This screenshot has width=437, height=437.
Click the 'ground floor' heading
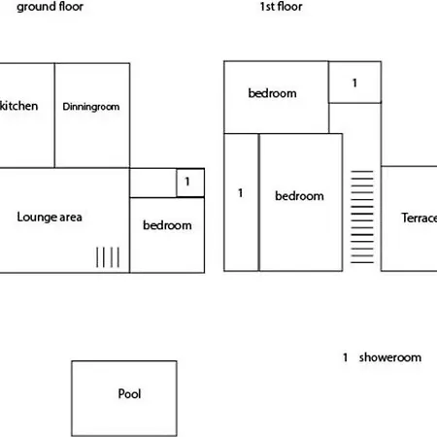pyautogui.click(x=50, y=7)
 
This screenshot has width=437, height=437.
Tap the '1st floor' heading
pyautogui.click(x=281, y=7)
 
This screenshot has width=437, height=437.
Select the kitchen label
pyautogui.click(x=18, y=106)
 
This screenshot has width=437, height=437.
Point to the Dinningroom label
pyautogui.click(x=91, y=107)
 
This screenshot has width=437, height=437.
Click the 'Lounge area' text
pyautogui.click(x=50, y=218)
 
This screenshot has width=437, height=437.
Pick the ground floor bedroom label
pyautogui.click(x=167, y=225)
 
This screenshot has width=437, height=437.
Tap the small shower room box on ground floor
pyautogui.click(x=190, y=183)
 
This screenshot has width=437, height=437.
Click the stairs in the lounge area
pyautogui.click(x=108, y=257)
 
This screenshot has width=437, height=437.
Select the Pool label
pyautogui.click(x=129, y=394)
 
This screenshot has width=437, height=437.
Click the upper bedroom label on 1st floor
pyautogui.click(x=272, y=93)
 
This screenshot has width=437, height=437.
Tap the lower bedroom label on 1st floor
pyautogui.click(x=299, y=196)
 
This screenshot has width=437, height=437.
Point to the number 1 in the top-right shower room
pyautogui.click(x=354, y=84)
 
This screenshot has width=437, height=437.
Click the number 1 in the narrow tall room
pyautogui.click(x=240, y=193)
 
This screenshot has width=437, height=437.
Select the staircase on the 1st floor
pyautogui.click(x=362, y=217)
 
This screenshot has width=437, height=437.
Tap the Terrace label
pyautogui.click(x=420, y=218)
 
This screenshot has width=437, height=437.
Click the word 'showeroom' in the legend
pyautogui.click(x=390, y=357)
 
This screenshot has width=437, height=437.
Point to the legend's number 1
pyautogui.click(x=346, y=357)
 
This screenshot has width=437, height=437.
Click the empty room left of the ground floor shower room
pyautogui.click(x=152, y=183)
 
